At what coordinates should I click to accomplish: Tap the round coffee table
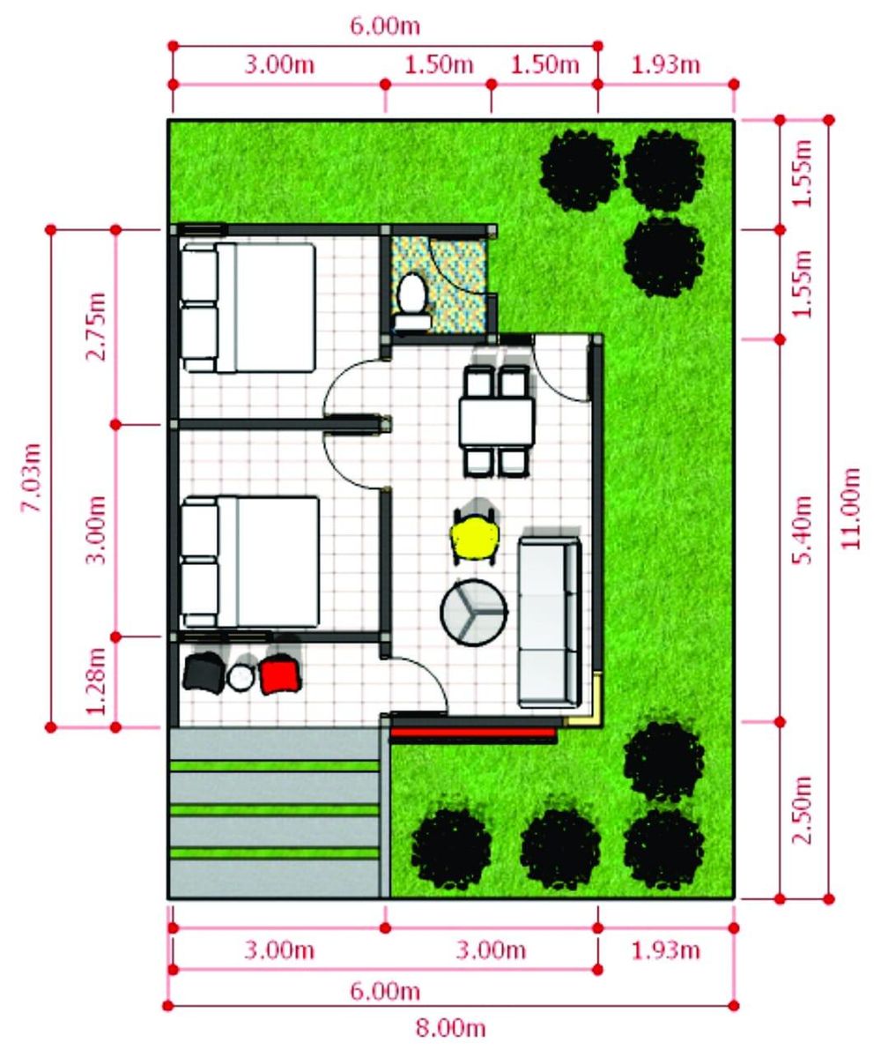tap(474, 612)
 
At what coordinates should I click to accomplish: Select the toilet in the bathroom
tap(411, 300)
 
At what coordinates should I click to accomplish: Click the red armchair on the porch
tap(279, 674)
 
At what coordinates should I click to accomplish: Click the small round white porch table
tap(241, 677)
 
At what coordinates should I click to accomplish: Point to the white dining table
tap(497, 422)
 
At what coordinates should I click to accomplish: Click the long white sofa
tap(549, 622)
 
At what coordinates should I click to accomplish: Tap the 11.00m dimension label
tap(851, 509)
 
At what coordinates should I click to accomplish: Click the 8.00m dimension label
tap(450, 1028)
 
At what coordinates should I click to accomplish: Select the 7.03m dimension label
tap(32, 478)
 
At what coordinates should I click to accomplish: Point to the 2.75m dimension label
tap(96, 327)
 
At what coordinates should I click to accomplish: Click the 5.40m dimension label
tap(802, 529)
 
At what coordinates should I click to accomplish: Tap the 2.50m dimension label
tap(802, 809)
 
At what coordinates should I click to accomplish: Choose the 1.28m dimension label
tap(96, 681)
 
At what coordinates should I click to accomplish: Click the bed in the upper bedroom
tap(248, 308)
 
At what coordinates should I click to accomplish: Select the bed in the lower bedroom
tap(249, 562)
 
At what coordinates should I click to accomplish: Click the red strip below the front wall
tap(474, 732)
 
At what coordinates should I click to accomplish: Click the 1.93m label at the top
tap(665, 64)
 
